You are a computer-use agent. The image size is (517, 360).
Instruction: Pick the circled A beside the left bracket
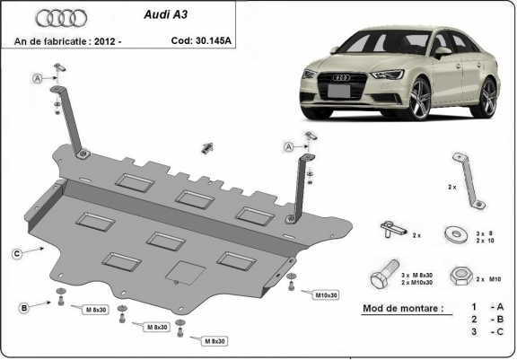(39, 79)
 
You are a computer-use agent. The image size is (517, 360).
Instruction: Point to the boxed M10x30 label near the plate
(326, 294)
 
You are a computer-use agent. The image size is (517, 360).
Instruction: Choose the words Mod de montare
(401, 308)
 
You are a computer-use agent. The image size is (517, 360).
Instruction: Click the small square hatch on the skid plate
(187, 271)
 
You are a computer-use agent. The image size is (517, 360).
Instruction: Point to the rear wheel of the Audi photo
(487, 97)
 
